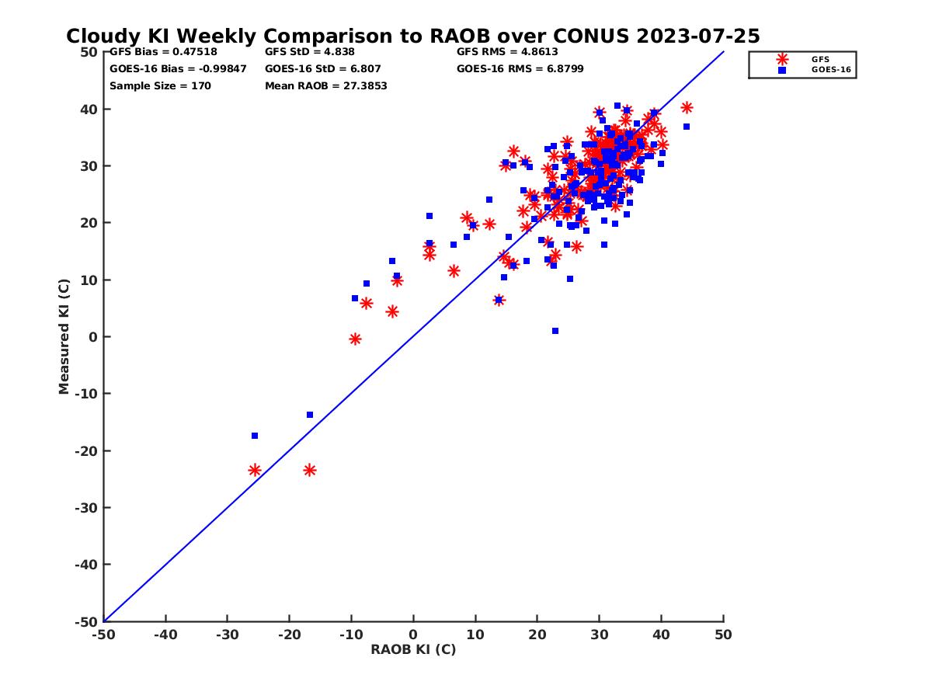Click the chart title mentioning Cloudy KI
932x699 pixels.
pos(412,37)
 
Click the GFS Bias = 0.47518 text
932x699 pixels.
pos(163,52)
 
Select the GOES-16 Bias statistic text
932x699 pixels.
pos(178,68)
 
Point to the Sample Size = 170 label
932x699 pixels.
pos(160,85)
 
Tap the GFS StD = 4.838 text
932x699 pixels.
pos(310,52)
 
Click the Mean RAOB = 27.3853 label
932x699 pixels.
pos(325,85)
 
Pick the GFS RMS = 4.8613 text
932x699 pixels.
pos(507,52)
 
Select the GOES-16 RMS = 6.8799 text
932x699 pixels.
pos(520,68)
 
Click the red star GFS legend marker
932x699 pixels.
pos(781,59)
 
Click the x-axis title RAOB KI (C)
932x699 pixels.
pos(413,649)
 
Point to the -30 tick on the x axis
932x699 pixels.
pos(227,635)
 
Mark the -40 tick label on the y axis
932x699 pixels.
pos(85,565)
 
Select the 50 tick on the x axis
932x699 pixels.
pos(723,635)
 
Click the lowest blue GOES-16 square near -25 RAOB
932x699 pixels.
pos(255,436)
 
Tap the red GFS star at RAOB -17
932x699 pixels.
pos(310,470)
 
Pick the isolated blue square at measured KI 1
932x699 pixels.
pos(555,331)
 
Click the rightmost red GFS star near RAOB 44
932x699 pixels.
pos(687,108)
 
